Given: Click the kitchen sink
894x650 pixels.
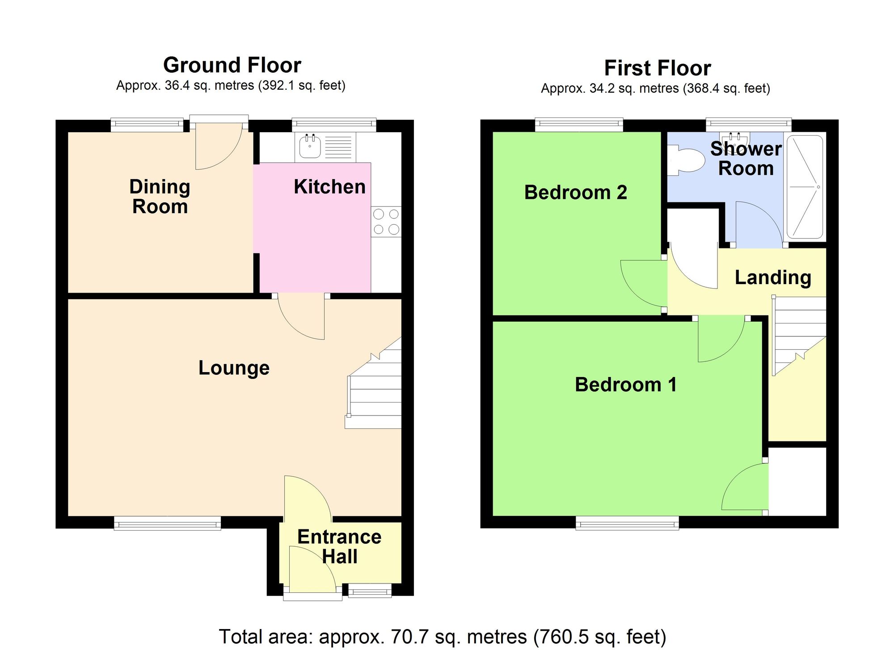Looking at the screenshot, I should tap(310, 147).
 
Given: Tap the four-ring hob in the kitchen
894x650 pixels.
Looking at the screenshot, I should tap(386, 222).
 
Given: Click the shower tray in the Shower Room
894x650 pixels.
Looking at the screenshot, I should tap(805, 187).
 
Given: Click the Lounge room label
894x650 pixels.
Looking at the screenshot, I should tap(234, 368).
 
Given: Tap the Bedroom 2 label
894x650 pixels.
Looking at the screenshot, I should tap(575, 193).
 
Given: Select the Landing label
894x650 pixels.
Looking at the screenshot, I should tap(772, 277).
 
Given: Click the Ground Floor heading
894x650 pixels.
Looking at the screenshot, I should tap(232, 65).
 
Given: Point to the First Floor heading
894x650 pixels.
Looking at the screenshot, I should tap(657, 68).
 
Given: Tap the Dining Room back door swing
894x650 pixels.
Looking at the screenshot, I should tap(218, 147).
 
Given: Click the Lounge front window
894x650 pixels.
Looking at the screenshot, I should tap(167, 523).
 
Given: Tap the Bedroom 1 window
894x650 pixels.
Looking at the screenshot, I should tap(627, 523).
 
